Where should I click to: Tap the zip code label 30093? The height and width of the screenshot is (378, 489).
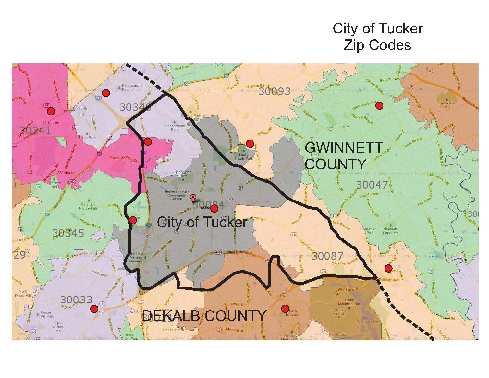click(x=274, y=91)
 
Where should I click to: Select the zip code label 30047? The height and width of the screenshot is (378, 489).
click(x=372, y=185)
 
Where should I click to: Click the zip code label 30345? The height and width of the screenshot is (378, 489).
click(x=68, y=233)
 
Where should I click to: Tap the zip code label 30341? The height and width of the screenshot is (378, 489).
click(x=35, y=131)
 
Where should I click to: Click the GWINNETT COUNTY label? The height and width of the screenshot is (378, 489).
click(x=344, y=156)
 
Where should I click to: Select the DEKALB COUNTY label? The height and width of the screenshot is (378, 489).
click(x=204, y=315)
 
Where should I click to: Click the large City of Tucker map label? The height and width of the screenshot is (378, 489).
click(x=202, y=223)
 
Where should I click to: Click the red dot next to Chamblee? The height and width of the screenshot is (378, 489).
click(x=51, y=111)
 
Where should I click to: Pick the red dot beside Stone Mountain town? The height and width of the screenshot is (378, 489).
click(x=285, y=308)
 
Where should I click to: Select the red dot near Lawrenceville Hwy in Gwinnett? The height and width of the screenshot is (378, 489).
click(x=379, y=106)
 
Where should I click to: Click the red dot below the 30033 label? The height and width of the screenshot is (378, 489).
click(x=94, y=309)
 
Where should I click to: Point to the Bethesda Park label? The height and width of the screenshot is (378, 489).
click(x=447, y=105)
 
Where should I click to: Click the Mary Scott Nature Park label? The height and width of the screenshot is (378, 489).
click(x=89, y=206)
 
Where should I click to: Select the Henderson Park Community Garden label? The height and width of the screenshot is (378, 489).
click(x=176, y=195)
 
